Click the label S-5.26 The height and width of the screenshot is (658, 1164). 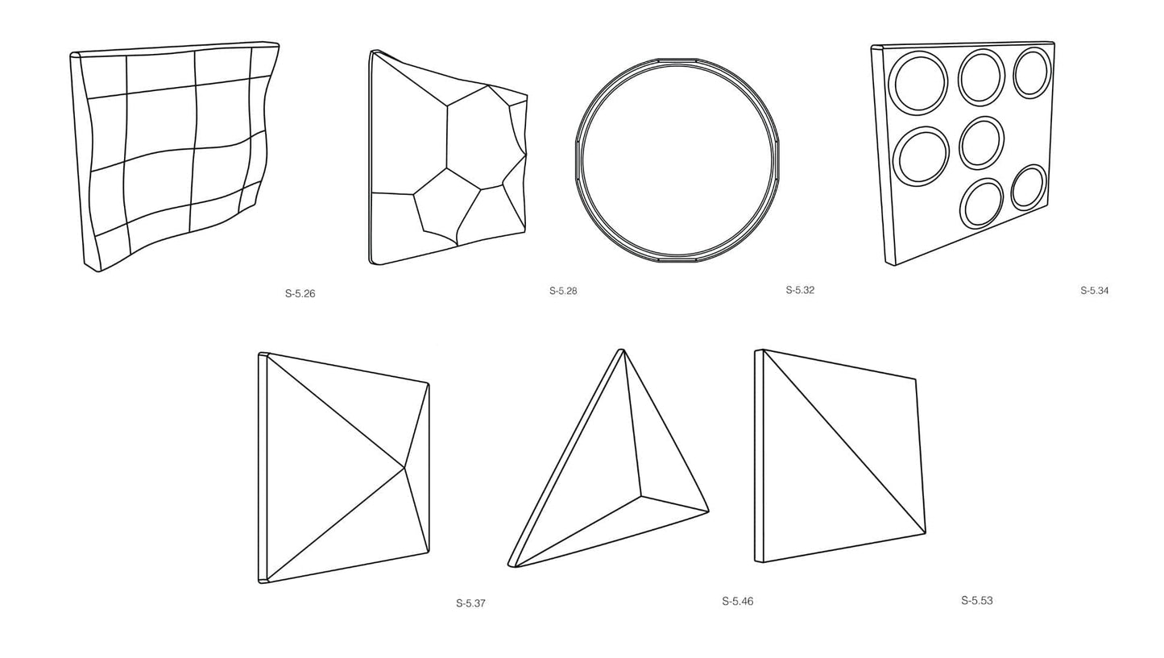coord(300,294)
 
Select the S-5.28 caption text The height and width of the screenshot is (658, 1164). coord(563,291)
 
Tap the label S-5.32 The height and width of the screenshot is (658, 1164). coord(800,290)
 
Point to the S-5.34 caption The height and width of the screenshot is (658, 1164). coord(1095,291)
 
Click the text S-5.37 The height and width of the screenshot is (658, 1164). coord(470,603)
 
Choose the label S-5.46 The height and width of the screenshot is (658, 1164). coord(737,602)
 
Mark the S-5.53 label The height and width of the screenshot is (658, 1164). coord(977,600)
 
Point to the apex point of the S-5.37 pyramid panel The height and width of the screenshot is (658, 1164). coord(404,468)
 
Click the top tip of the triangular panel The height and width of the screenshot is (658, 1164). coord(620,350)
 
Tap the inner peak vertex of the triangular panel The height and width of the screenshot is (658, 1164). coord(640,496)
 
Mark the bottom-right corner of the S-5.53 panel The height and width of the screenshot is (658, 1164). coord(926,533)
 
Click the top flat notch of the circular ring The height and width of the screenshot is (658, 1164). coord(677,60)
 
